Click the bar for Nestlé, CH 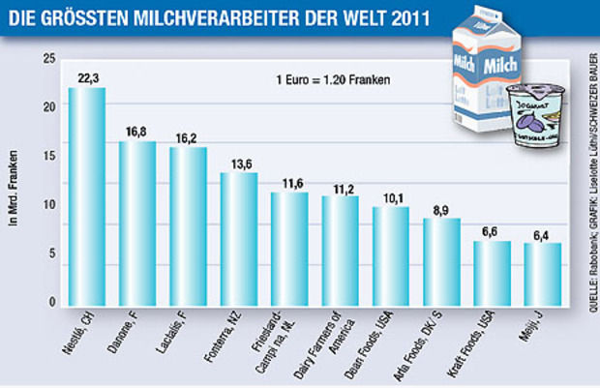[86, 197]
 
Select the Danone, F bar [137, 224]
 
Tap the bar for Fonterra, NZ [238, 239]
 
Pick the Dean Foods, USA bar [390, 256]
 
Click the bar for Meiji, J [542, 275]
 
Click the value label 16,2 [188, 138]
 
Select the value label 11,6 [289, 183]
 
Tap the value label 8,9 [441, 209]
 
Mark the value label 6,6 [492, 232]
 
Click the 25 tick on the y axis [50, 59]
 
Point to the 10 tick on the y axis [50, 205]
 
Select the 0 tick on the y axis [53, 303]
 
